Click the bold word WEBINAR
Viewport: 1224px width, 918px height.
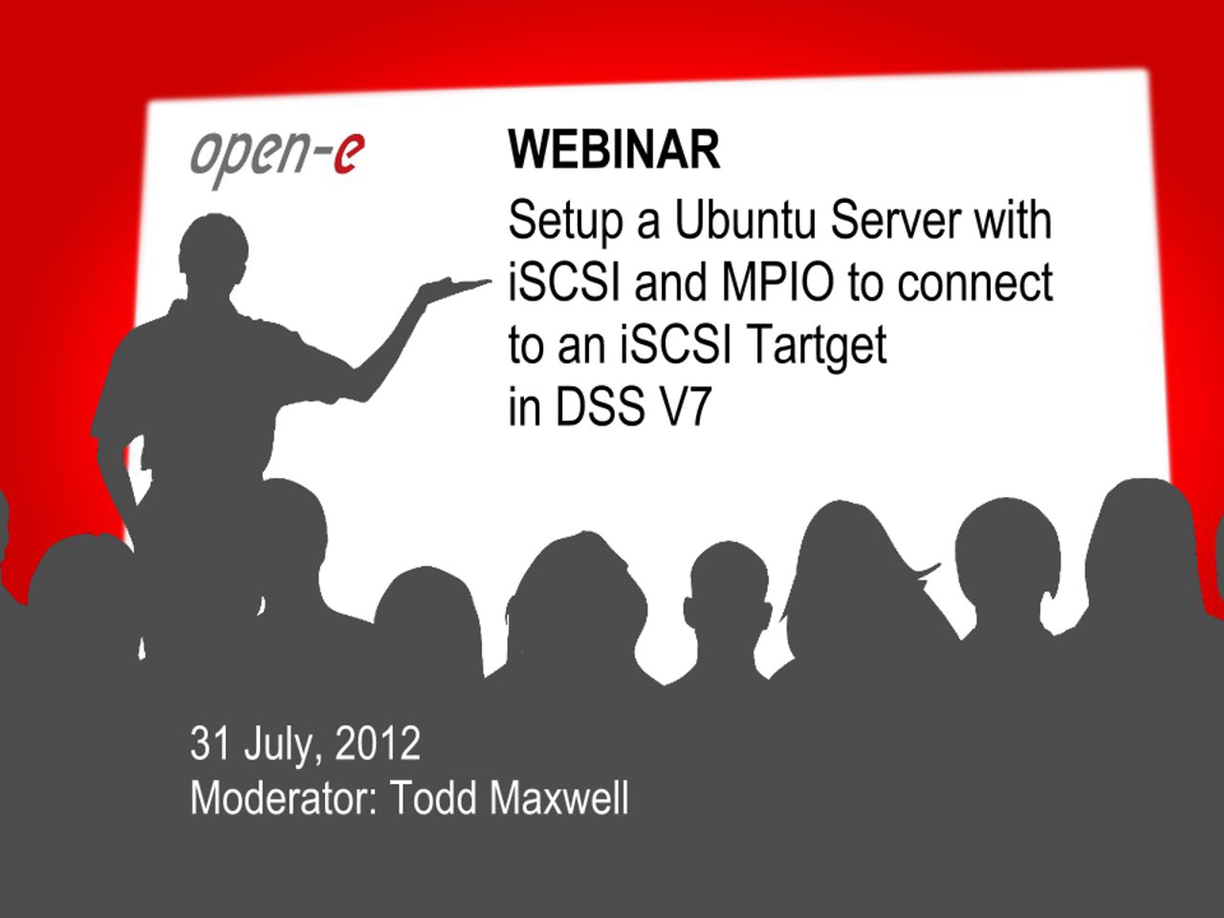coord(614,150)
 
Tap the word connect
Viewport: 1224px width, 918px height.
coord(975,284)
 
